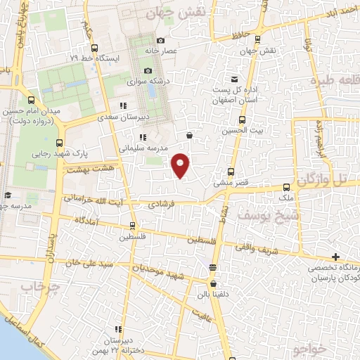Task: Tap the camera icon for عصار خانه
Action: coord(161,41)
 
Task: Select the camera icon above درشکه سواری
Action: coord(148,70)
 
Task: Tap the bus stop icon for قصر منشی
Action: coord(231,172)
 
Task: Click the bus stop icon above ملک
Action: coord(286,187)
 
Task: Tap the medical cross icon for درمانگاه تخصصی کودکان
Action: coord(336,257)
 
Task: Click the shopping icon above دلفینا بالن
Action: coord(212,267)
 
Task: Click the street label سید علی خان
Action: coord(88,262)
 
